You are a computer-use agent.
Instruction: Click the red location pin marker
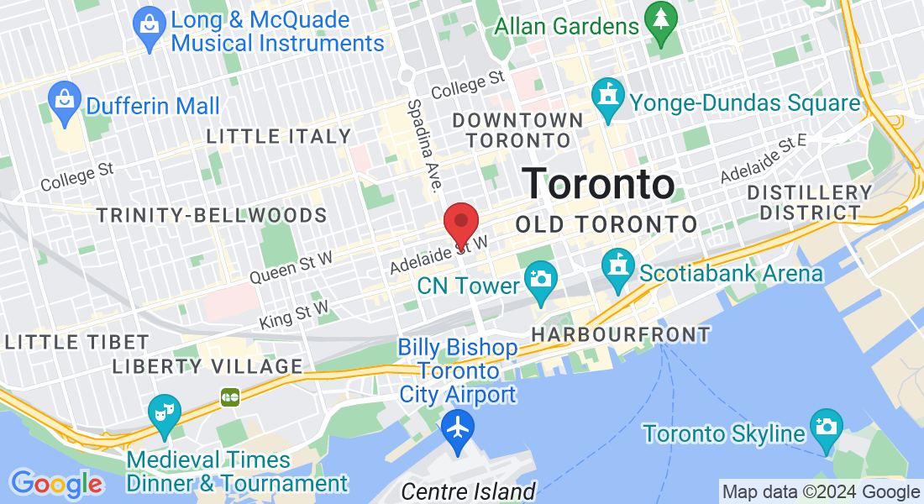[x=460, y=223]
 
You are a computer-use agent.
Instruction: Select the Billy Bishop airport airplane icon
[x=458, y=428]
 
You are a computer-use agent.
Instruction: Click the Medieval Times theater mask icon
[x=163, y=411]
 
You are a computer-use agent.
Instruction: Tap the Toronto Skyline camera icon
[x=826, y=427]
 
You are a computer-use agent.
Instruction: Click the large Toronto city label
[x=599, y=184]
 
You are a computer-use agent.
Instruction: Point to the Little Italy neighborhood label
[x=279, y=136]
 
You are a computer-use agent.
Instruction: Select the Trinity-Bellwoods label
[x=210, y=215]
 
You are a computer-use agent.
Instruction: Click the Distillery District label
[x=810, y=202]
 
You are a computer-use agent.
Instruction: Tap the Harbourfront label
[x=621, y=335]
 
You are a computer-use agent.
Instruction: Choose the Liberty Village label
[x=207, y=366]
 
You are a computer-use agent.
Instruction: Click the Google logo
[x=56, y=484]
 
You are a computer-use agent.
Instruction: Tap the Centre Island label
[x=468, y=491]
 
